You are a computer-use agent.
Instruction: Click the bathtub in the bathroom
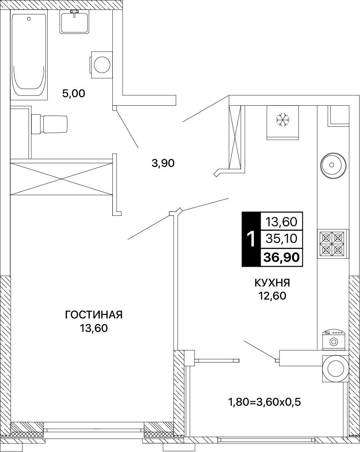click(x=29, y=55)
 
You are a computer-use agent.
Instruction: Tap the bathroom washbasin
click(x=75, y=22)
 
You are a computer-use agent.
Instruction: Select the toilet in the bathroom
click(x=49, y=124)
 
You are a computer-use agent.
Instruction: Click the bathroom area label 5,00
click(x=74, y=94)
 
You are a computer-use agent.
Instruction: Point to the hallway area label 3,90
click(x=163, y=163)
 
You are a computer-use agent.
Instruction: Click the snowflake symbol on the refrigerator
click(x=283, y=120)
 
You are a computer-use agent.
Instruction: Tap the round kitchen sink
click(x=331, y=165)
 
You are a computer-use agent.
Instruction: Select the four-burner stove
click(x=332, y=244)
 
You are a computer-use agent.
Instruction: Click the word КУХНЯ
click(x=272, y=283)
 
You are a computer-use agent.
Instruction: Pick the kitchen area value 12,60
click(x=272, y=296)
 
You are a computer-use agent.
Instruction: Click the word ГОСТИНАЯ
click(x=94, y=315)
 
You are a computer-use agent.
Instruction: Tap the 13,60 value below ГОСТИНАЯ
click(x=94, y=328)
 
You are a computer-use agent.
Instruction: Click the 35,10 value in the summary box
click(x=281, y=238)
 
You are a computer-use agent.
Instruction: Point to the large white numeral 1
click(x=251, y=239)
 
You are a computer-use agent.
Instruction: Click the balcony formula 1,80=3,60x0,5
click(x=264, y=402)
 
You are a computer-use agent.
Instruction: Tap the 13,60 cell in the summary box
click(x=281, y=222)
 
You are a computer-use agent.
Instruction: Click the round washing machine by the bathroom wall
click(x=101, y=64)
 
